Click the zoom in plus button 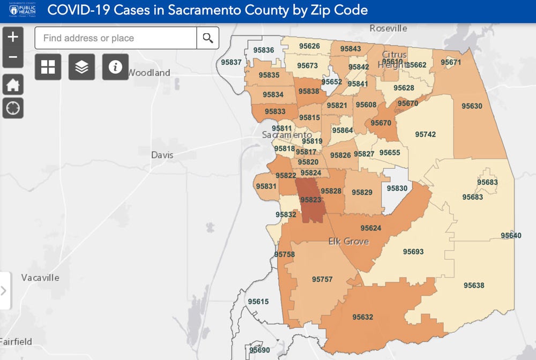13,37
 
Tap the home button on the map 13,84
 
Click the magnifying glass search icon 208,38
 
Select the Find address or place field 116,38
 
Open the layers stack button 81,67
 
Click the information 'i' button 115,67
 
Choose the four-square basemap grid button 48,67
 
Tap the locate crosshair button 13,108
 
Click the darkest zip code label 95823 310,200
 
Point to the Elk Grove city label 348,242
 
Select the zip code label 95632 362,317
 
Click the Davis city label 162,155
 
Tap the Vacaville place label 40,277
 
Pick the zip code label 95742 425,134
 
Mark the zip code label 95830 397,189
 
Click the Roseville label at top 389,28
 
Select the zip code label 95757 322,280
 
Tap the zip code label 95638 474,286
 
